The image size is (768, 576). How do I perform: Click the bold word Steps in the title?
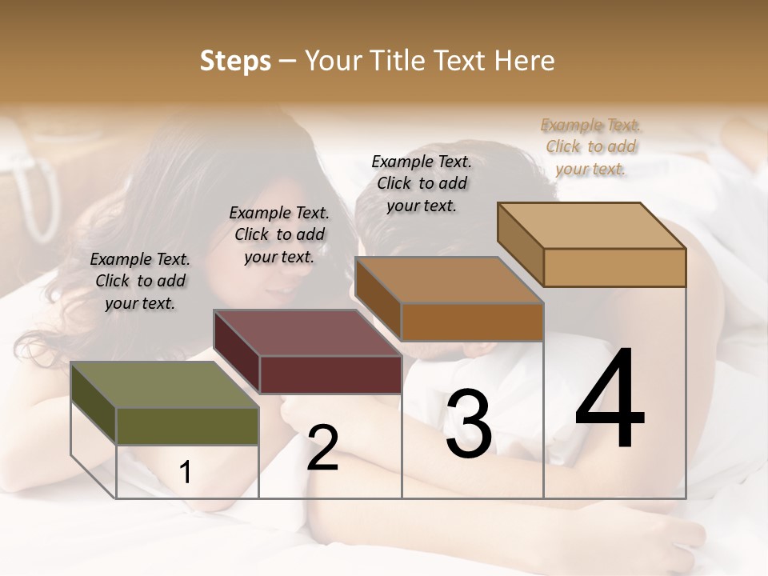(x=235, y=62)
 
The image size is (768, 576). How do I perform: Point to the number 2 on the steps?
(x=322, y=448)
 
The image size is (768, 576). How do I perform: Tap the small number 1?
(x=186, y=472)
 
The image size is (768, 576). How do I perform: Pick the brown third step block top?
(x=448, y=280)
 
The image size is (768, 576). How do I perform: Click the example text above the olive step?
(x=140, y=281)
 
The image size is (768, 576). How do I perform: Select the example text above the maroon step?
(x=279, y=234)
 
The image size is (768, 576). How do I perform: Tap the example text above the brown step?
(x=422, y=183)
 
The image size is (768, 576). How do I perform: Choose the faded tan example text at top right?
(x=590, y=146)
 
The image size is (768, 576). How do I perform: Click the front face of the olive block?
(x=187, y=426)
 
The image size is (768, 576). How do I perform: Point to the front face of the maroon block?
(x=330, y=374)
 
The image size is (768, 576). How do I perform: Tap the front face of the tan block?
(x=614, y=267)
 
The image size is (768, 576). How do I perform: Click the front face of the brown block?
(x=472, y=322)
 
